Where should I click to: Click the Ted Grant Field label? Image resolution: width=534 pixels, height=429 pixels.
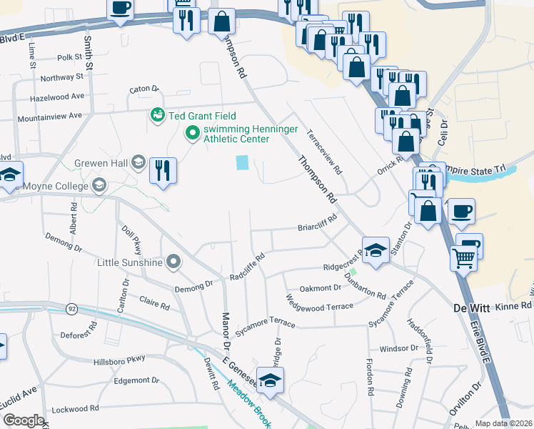201,117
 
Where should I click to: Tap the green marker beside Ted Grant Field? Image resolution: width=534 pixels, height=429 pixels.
156,114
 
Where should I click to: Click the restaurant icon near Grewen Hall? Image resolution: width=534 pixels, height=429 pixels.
163,171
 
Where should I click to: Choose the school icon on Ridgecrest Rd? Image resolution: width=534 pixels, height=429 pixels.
376,250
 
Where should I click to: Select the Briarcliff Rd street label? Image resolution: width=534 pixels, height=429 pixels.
317,228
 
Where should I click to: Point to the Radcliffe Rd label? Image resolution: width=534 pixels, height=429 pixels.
248,266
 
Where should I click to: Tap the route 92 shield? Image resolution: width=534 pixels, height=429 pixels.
71,309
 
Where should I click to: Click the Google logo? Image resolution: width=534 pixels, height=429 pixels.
24,420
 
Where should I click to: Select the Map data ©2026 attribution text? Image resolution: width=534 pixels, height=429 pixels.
504,423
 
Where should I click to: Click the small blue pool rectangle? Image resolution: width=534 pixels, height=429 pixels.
242,163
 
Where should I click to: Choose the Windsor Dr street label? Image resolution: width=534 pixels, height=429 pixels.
398,349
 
